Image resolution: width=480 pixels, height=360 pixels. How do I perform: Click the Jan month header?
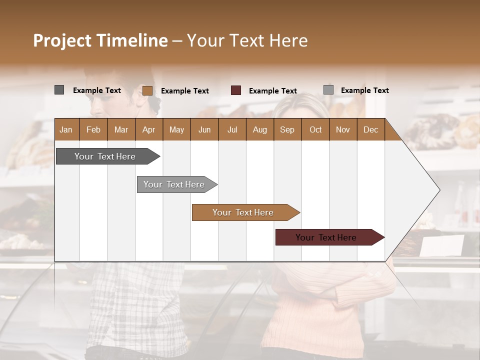(66, 129)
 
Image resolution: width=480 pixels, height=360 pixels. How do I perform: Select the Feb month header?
(93, 129)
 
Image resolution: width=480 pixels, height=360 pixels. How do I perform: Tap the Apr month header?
(148, 129)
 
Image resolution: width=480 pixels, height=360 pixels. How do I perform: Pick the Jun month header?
(204, 129)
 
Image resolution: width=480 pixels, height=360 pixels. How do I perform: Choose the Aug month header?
(259, 129)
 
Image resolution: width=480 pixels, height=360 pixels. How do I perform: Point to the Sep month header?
(287, 129)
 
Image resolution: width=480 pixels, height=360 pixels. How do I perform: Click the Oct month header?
(315, 129)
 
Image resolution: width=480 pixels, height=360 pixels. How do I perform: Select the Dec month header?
(370, 129)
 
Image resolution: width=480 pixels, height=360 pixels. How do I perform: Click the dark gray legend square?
(59, 90)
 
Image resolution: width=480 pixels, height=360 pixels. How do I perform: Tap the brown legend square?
(147, 90)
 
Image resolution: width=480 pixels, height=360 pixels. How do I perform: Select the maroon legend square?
(236, 90)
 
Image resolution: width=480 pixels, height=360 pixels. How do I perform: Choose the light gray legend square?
(328, 90)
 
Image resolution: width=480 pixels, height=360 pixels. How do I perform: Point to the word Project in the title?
(62, 40)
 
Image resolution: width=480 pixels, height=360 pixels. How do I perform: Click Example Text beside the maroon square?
(272, 91)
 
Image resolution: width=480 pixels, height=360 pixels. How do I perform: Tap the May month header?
(176, 129)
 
